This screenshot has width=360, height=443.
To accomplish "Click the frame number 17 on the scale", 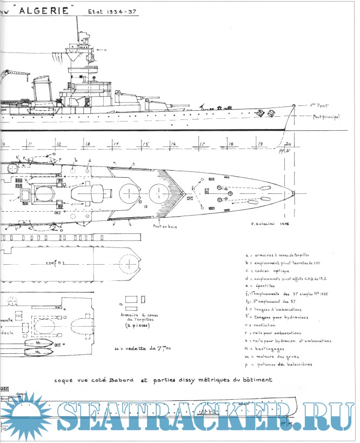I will (x=202, y=144).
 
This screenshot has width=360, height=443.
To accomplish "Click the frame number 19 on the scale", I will (x=260, y=144).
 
